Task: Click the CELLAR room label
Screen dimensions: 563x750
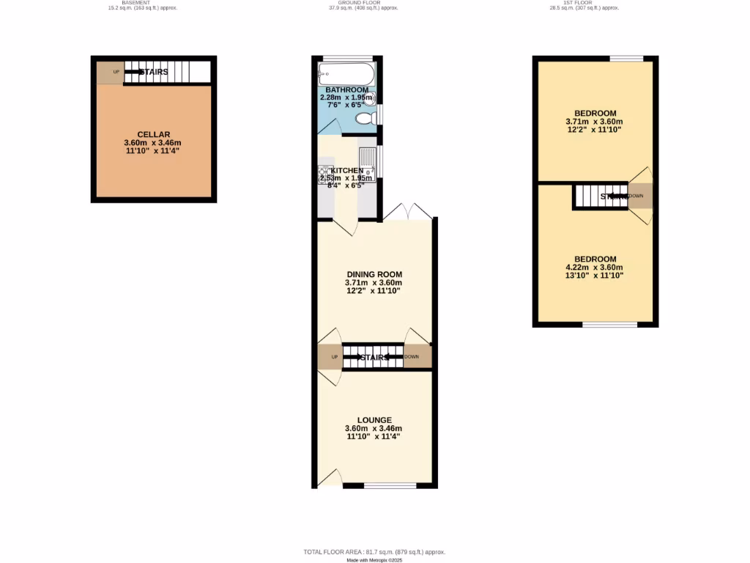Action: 154,134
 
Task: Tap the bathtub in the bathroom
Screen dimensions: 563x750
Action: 346,74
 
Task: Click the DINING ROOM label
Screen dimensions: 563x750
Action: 374,274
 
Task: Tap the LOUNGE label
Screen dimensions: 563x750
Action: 374,420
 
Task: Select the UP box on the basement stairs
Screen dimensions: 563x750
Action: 111,72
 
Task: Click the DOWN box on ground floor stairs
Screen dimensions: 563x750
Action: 417,357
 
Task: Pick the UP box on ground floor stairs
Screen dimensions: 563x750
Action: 330,357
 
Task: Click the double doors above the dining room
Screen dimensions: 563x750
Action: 407,211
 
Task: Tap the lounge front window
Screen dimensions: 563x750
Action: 390,485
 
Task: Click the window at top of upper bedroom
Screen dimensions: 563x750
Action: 626,59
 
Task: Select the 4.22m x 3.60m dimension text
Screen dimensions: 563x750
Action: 594,268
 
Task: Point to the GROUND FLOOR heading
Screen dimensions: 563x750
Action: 363,3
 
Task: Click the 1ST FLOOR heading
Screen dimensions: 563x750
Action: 584,3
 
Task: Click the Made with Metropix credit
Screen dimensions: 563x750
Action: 375,560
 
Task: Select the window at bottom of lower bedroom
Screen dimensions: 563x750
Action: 609,324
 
